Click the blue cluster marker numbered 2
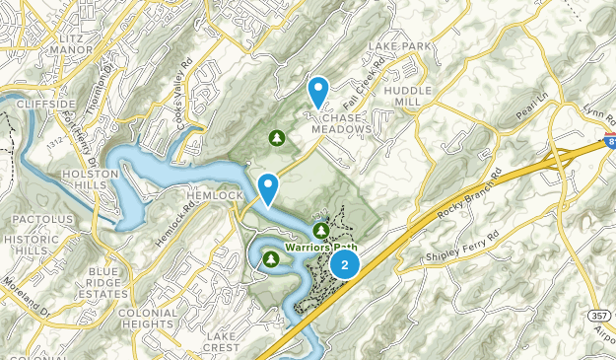click(x=344, y=264)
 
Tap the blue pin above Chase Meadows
click(x=318, y=92)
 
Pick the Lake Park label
click(x=399, y=46)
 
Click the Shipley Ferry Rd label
click(x=463, y=256)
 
